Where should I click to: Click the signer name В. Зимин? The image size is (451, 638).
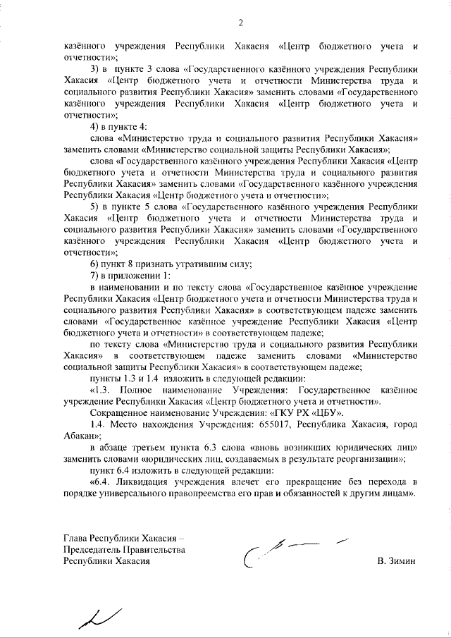(397, 561)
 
